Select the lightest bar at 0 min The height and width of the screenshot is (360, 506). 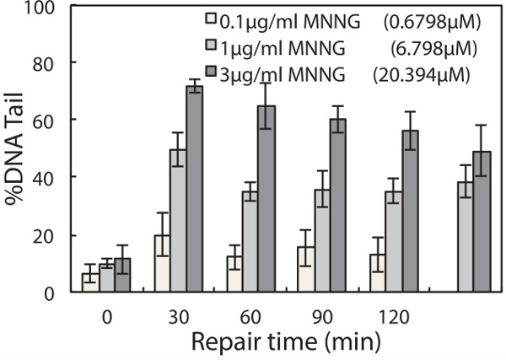[89, 282]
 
